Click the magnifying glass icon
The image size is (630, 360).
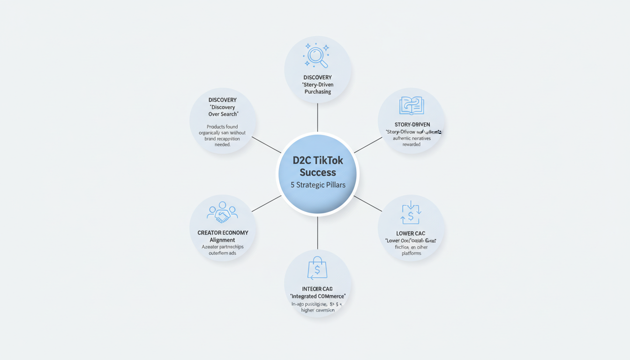click(x=317, y=56)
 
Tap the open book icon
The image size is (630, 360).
click(x=412, y=106)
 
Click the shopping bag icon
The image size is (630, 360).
click(x=317, y=269)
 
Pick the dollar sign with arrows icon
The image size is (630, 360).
click(x=411, y=213)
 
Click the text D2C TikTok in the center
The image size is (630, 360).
click(x=318, y=160)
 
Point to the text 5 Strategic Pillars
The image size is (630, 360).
click(x=318, y=185)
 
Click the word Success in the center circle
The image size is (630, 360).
click(x=318, y=172)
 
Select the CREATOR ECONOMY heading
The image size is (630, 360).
click(x=223, y=232)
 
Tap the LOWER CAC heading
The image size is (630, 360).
click(x=411, y=233)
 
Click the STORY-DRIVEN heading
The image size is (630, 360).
click(x=412, y=124)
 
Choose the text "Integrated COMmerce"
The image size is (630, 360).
click(x=318, y=296)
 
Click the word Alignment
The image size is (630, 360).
click(x=223, y=240)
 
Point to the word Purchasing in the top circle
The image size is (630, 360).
click(x=317, y=92)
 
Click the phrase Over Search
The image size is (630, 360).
click(x=223, y=114)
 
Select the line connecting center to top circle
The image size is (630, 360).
click(x=317, y=117)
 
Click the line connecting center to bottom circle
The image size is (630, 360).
click(x=317, y=233)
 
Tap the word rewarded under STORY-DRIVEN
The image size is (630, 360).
click(x=412, y=144)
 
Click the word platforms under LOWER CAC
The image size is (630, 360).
click(x=411, y=254)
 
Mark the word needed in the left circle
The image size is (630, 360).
click(x=223, y=145)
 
